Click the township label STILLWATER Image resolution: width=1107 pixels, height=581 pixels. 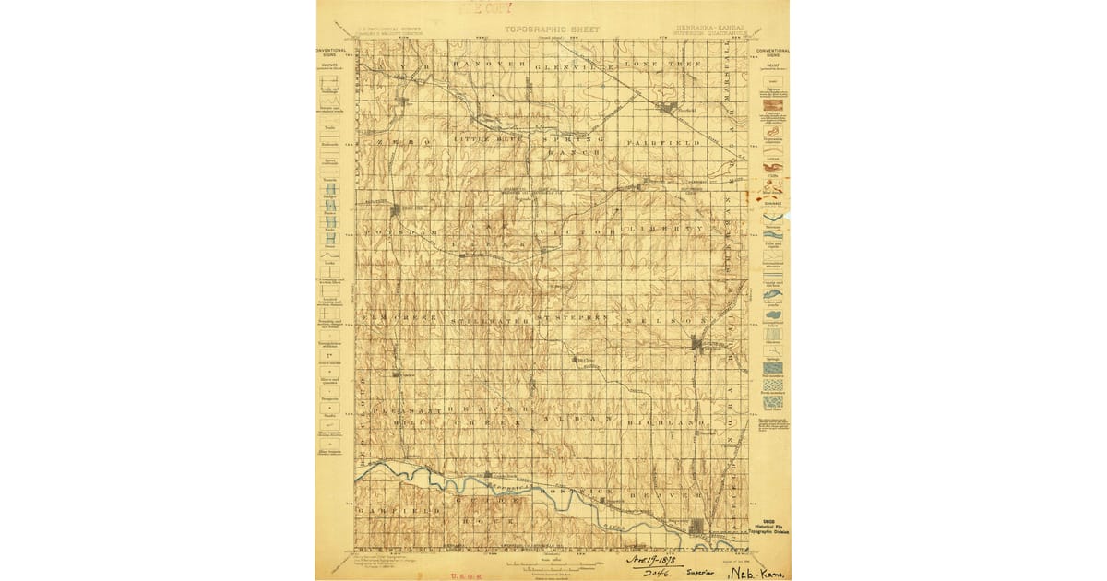(x=489, y=319)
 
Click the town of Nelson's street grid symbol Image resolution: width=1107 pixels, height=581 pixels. (x=698, y=345)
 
